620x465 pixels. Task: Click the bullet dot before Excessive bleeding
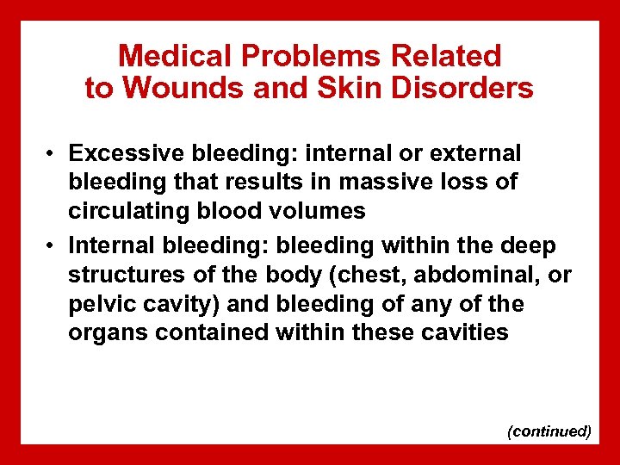click(x=52, y=154)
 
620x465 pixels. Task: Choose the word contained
click(x=212, y=332)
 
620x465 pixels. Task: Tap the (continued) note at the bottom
click(x=549, y=431)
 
